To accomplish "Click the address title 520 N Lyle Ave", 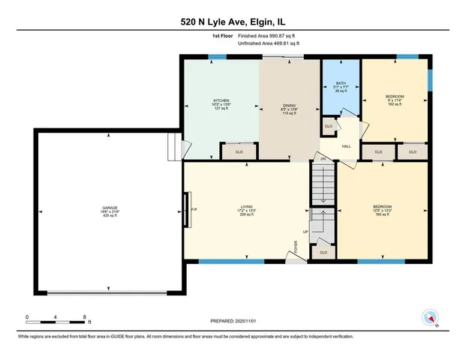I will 233,22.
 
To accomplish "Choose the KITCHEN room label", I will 221,100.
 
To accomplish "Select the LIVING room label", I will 245,208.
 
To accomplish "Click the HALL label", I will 347,146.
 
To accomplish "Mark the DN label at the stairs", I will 323,159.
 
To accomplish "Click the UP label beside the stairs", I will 305,232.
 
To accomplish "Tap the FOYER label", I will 296,247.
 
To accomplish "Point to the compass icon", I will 429,317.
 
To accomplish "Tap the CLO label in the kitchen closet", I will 239,152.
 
